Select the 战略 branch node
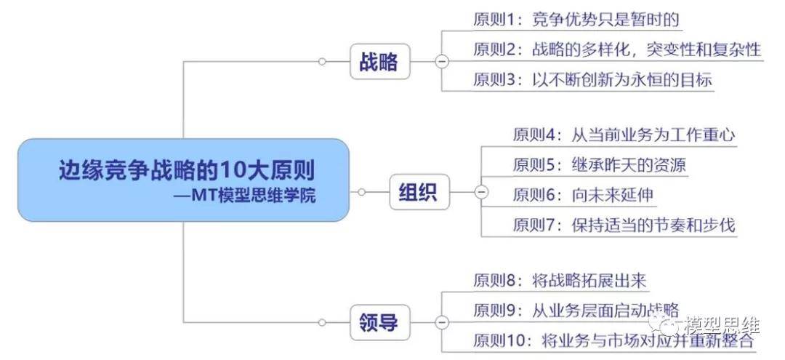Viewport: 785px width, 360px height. tap(379, 62)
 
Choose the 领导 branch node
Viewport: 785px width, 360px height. tap(379, 321)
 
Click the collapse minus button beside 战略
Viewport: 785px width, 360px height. tap(440, 62)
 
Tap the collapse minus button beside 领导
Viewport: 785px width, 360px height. tap(440, 321)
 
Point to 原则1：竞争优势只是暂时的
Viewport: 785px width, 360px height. tap(576, 20)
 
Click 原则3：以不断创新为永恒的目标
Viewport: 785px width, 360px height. tap(592, 79)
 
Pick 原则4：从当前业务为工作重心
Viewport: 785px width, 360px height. tap(624, 135)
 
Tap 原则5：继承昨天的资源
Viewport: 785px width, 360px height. tap(599, 165)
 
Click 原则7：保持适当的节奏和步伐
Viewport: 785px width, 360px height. tap(624, 224)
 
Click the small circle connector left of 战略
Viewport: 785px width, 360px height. tap(322, 62)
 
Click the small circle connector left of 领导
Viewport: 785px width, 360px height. tap(322, 321)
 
